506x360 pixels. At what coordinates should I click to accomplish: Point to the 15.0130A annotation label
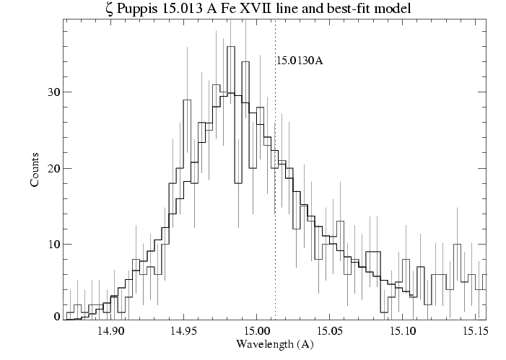(299, 61)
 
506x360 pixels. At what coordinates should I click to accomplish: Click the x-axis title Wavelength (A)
(274, 344)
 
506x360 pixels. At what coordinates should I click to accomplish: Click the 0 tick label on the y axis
(56, 317)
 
